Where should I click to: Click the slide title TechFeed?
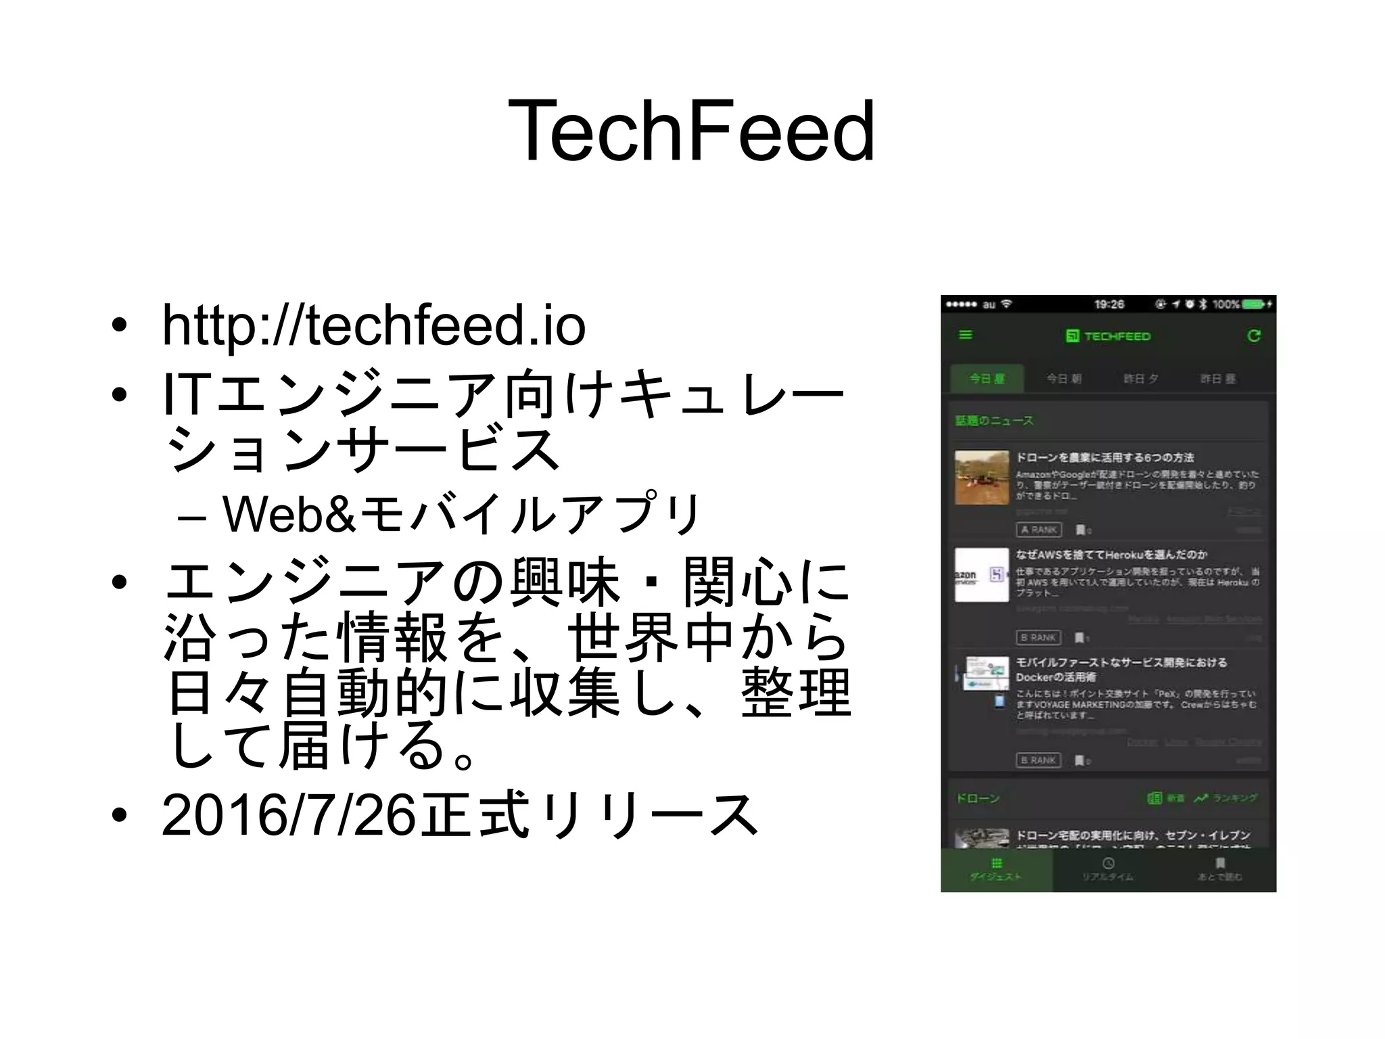pos(691,131)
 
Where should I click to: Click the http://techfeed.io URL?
pos(373,326)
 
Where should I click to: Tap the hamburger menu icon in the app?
pos(966,336)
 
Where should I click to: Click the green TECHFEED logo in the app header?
pos(1108,336)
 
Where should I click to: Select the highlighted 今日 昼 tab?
pos(987,379)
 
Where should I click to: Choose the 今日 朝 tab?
pos(1064,379)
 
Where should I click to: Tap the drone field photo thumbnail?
pos(982,478)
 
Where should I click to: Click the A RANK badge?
pos(1039,530)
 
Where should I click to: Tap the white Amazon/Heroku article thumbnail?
pos(981,575)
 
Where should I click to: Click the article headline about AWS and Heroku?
pos(1111,555)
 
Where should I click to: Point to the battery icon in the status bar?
pos(1253,304)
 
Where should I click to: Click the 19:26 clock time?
pos(1109,304)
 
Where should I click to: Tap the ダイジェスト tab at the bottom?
pos(996,870)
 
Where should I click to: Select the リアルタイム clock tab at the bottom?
pos(1108,870)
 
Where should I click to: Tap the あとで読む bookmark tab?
pos(1220,870)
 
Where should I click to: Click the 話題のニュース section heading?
pos(994,421)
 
